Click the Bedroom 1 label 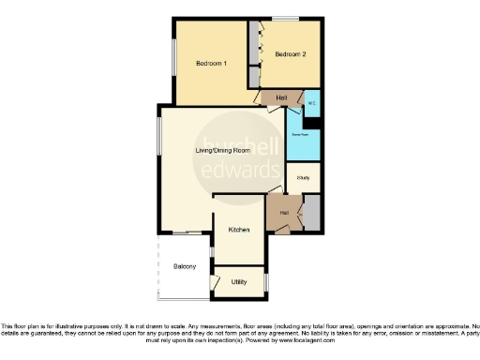(x=211, y=63)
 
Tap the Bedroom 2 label (x=290, y=55)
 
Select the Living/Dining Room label (x=222, y=150)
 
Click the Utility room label (x=239, y=281)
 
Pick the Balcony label (x=185, y=267)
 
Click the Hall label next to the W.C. (x=281, y=97)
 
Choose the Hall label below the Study (x=283, y=213)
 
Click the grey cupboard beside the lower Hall (x=311, y=212)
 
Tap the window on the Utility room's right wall (x=266, y=282)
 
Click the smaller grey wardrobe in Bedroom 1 (x=253, y=78)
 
